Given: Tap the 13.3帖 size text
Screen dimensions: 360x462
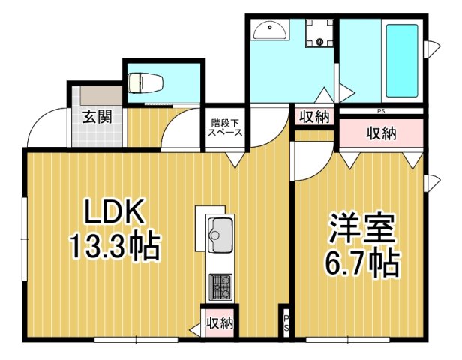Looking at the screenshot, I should (115, 245).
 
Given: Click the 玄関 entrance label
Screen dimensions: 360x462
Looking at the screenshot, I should (97, 117).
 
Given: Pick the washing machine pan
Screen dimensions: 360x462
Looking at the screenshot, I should (320, 33).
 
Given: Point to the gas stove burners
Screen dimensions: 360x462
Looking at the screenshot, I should (220, 285).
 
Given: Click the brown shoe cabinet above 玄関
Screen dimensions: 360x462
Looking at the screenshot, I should (96, 97).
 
